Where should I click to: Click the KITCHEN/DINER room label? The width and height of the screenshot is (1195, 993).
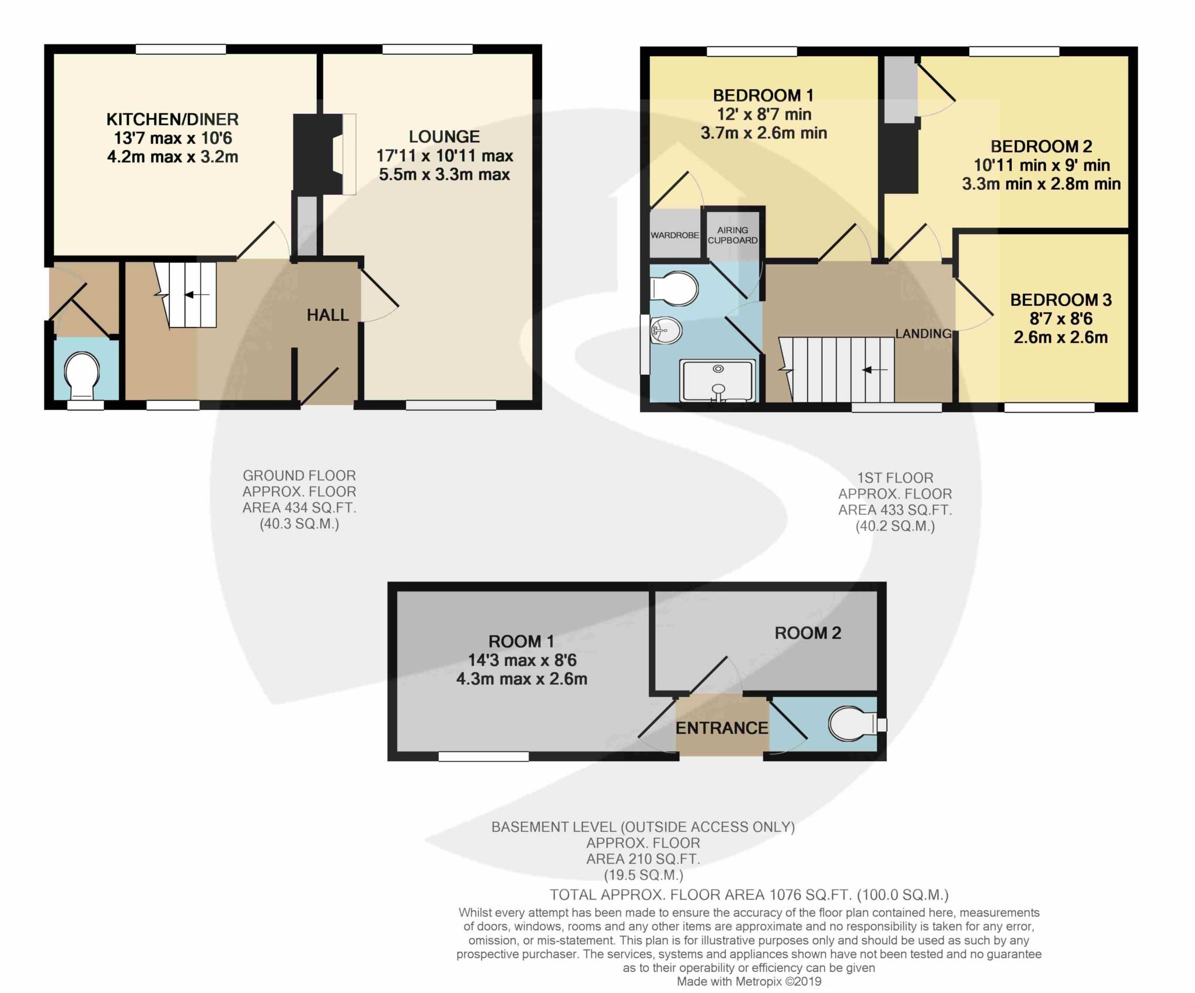tap(172, 120)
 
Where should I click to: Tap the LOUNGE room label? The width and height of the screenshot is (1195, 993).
tap(444, 137)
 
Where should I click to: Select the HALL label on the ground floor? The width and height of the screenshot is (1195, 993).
tap(327, 315)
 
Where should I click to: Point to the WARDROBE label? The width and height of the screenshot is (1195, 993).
tap(675, 235)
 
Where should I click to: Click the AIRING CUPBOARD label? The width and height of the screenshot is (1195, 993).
tap(733, 235)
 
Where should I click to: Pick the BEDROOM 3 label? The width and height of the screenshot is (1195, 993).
tap(1060, 300)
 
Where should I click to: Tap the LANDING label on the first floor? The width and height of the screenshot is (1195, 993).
tap(923, 333)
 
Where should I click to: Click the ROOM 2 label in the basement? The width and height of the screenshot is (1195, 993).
tap(808, 633)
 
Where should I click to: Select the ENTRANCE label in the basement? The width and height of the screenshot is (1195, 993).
tap(722, 728)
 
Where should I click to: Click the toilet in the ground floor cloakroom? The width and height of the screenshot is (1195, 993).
tap(82, 374)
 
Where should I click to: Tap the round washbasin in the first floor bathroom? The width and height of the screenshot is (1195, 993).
tap(665, 331)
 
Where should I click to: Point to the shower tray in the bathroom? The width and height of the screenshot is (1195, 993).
tap(718, 381)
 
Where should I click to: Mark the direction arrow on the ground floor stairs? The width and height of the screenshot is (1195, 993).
tap(197, 295)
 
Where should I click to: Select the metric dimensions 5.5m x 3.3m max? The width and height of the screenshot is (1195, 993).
tap(444, 175)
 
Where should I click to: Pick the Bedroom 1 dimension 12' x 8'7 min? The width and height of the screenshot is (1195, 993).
tap(763, 114)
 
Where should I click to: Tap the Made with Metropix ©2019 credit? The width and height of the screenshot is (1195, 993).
tap(749, 982)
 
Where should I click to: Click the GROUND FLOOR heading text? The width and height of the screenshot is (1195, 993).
tap(299, 476)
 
